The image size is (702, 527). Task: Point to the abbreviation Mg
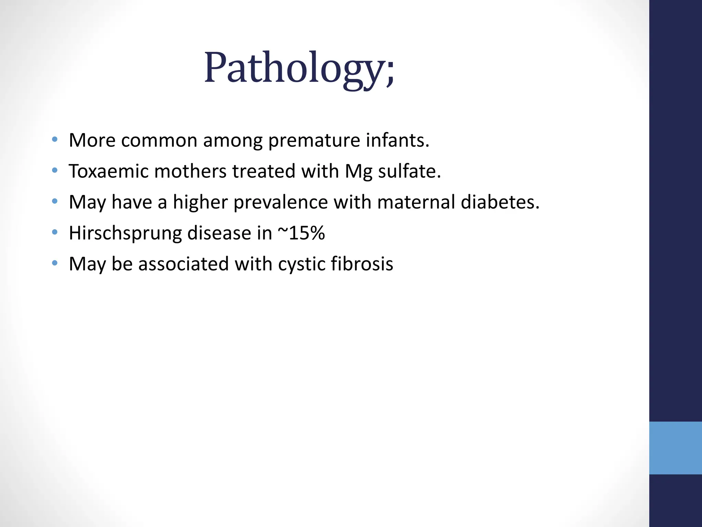point(358,172)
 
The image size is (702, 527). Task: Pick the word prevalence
point(280,202)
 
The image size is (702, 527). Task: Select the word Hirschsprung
point(125,233)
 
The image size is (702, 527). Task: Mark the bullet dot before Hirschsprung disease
point(55,232)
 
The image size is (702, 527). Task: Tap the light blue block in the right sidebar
point(675,448)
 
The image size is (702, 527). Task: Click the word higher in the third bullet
point(200,202)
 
